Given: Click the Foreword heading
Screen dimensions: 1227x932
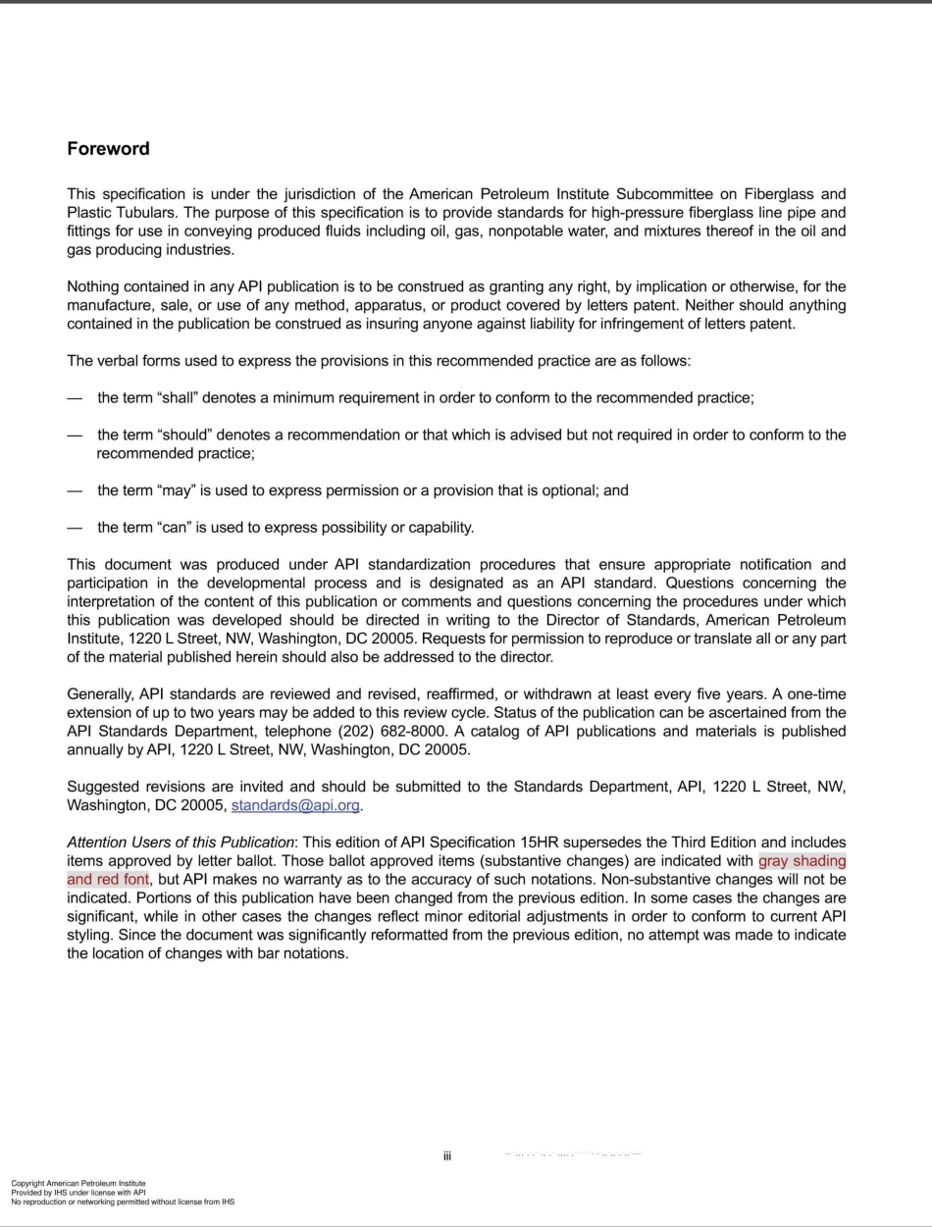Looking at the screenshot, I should pos(108,149).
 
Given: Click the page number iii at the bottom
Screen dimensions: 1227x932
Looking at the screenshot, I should pos(446,1156).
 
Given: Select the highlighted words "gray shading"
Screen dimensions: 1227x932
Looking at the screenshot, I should pos(802,861).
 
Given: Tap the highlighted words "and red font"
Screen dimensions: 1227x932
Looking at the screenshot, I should pos(108,880).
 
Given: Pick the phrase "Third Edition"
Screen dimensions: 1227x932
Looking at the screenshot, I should pos(714,843).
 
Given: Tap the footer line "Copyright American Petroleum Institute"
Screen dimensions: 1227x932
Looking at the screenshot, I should pos(78,1184).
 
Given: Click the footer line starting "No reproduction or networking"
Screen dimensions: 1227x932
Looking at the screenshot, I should pos(123,1201).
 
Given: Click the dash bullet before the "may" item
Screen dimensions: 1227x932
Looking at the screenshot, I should pos(75,490).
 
